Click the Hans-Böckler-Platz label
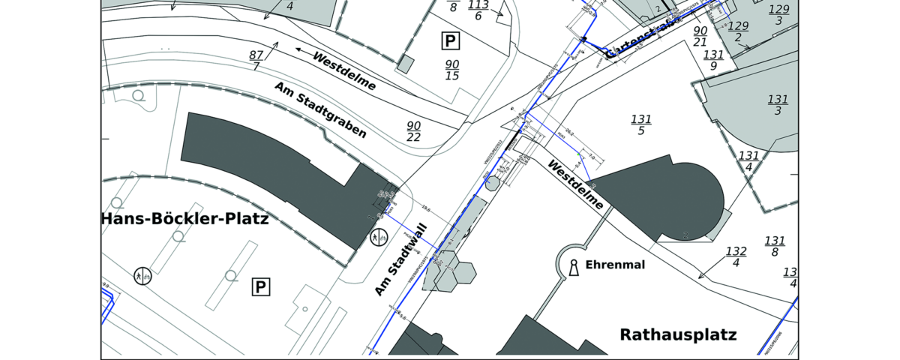pos(184,220)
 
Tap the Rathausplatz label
pos(679,334)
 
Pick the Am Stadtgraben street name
pos(320,110)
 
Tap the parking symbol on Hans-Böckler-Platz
pos(260,286)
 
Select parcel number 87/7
pos(256,61)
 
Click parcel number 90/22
pos(413,131)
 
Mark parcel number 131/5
pos(641,125)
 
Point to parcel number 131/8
pos(774,247)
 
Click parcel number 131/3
pos(778,105)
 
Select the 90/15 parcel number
pos(452,70)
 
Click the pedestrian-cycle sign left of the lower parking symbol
pos(142,276)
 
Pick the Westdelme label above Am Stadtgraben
pos(344,71)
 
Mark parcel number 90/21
pos(700,36)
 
